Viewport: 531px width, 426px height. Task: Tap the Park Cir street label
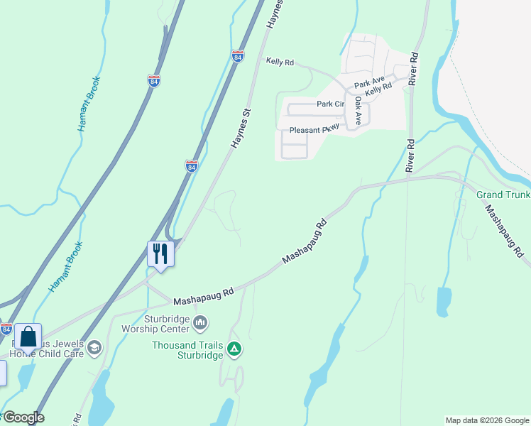(x=330, y=104)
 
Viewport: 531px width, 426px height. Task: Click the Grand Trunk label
(x=503, y=195)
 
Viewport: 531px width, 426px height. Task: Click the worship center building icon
(x=201, y=324)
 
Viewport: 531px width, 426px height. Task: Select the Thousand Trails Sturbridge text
(x=187, y=350)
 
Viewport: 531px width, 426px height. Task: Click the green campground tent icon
(x=234, y=349)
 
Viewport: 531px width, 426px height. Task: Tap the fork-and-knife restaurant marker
(x=160, y=253)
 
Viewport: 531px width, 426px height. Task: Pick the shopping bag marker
(x=28, y=337)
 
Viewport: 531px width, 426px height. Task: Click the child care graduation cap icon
(x=94, y=348)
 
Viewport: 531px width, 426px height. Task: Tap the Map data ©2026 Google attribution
(x=487, y=420)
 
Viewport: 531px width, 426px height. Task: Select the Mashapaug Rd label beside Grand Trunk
(x=505, y=231)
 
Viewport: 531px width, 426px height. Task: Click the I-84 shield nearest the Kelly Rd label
(x=237, y=57)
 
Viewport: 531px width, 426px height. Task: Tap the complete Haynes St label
(x=241, y=129)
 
